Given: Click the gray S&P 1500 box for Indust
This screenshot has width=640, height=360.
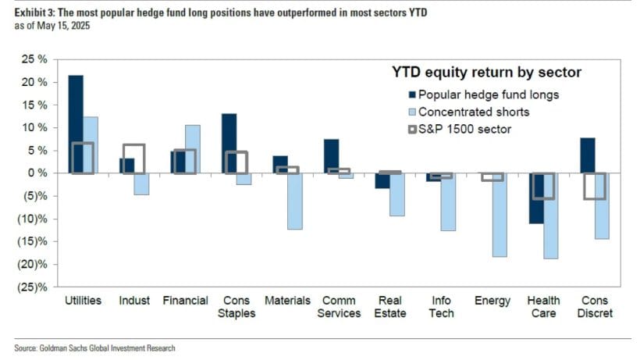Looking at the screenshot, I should (x=134, y=159).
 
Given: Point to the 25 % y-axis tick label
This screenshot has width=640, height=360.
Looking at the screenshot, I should (x=34, y=59).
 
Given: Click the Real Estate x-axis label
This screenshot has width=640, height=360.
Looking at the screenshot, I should (x=389, y=306).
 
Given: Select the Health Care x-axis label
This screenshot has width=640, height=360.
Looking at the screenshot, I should (x=542, y=306).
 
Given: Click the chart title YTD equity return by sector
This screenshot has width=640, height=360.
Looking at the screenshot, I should (x=488, y=73).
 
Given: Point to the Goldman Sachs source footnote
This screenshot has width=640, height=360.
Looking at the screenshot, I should (x=94, y=348).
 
